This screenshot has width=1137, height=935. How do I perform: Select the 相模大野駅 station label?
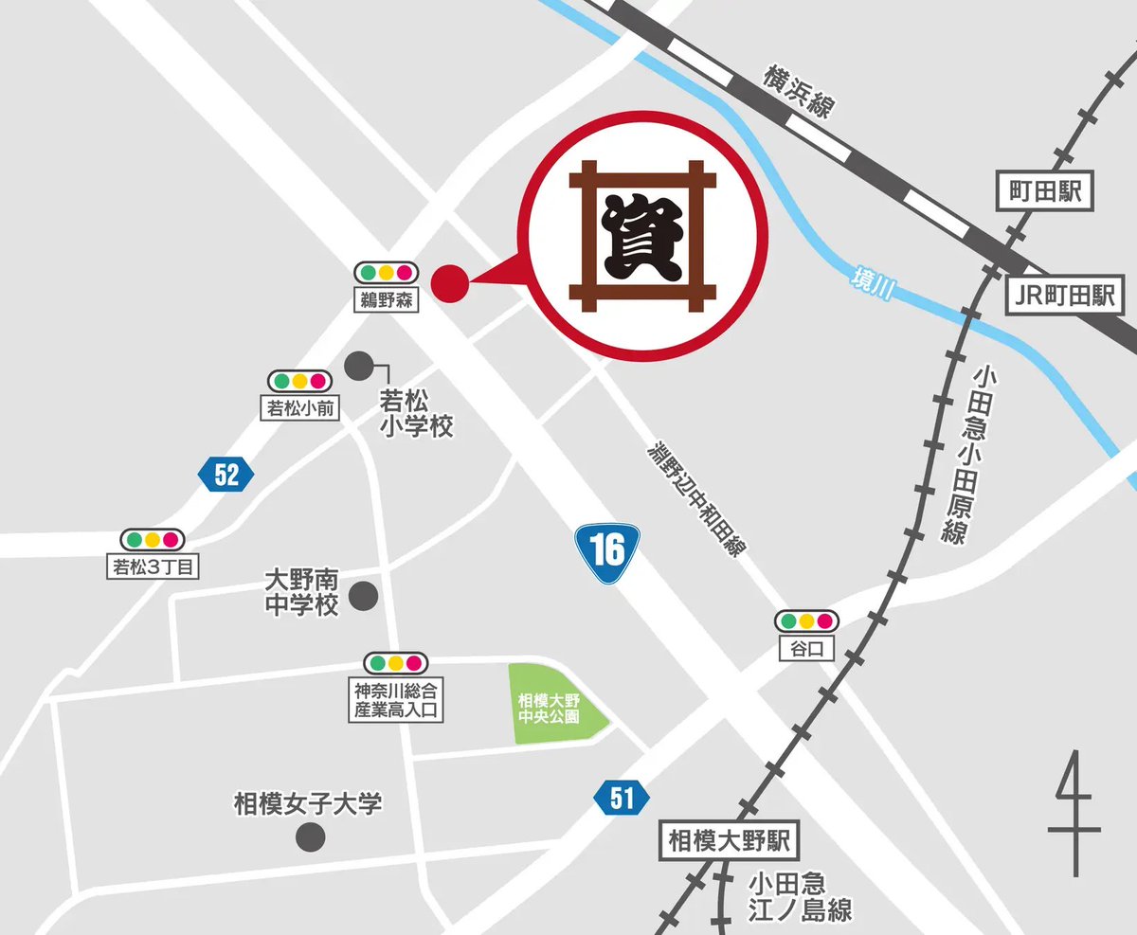[729, 839]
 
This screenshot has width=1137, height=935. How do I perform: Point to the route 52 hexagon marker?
[226, 474]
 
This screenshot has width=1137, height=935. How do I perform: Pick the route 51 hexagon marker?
[622, 798]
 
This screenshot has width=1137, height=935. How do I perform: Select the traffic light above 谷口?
[806, 622]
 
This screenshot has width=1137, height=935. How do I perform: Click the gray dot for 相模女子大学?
[310, 836]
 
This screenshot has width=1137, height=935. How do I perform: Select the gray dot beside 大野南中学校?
[364, 597]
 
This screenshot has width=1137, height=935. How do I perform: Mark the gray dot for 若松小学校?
[358, 365]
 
